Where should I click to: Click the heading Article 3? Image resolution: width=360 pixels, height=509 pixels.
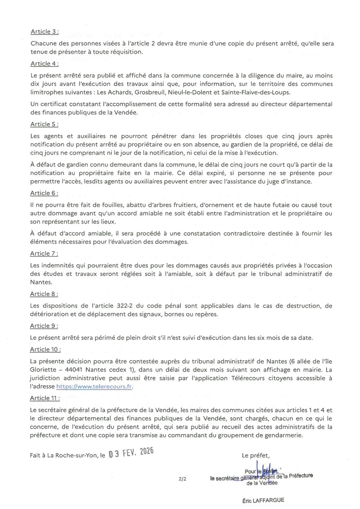pyautogui.click(x=44, y=32)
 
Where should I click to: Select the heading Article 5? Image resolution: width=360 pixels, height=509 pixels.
pyautogui.click(x=44, y=124)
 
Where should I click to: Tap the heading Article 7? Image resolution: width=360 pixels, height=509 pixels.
pyautogui.click(x=44, y=253)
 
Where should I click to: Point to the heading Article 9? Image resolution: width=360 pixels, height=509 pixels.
pyautogui.click(x=44, y=326)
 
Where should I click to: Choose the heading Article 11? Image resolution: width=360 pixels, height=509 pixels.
pyautogui.click(x=45, y=398)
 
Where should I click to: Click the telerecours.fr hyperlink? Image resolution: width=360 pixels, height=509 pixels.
pyautogui.click(x=95, y=386)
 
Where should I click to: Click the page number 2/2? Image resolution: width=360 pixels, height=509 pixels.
pyautogui.click(x=182, y=478)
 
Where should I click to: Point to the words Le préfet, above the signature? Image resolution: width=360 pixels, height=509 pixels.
pyautogui.click(x=256, y=456)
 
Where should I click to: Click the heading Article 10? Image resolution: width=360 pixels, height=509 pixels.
pyautogui.click(x=45, y=349)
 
